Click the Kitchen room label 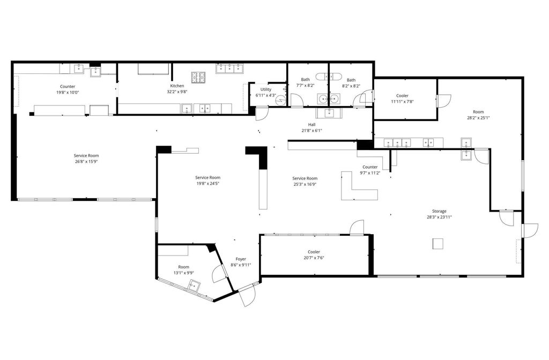[177, 86]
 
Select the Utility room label [266, 89]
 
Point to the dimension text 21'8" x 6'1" [311, 130]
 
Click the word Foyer [241, 259]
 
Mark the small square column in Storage [438, 244]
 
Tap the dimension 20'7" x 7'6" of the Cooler [314, 258]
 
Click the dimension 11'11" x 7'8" [402, 101]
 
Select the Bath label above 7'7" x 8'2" [305, 80]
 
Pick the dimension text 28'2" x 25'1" [478, 118]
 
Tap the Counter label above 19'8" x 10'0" [68, 86]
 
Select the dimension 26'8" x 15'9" [86, 162]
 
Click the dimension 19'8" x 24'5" [207, 183]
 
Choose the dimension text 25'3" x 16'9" [305, 184]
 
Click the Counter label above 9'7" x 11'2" [370, 167]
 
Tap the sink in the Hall [328, 112]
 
